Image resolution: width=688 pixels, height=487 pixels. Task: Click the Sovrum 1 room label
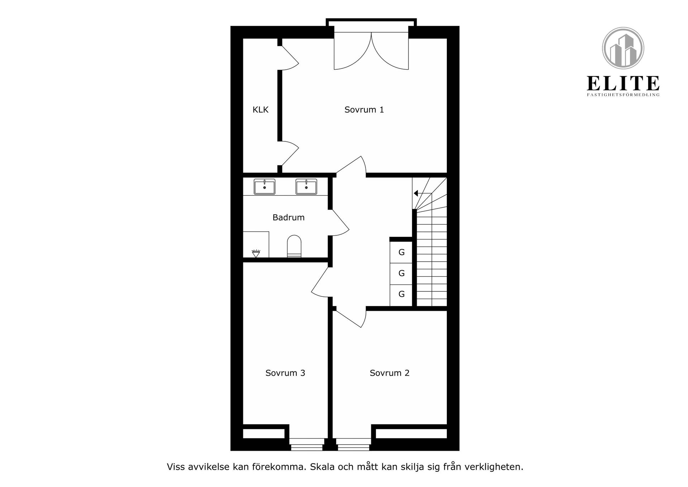pyautogui.click(x=364, y=110)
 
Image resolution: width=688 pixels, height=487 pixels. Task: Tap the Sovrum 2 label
pyautogui.click(x=390, y=373)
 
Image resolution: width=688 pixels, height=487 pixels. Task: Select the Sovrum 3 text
pyautogui.click(x=285, y=373)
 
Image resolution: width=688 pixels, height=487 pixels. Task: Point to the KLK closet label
pyautogui.click(x=261, y=110)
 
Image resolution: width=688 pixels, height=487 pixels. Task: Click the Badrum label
pyautogui.click(x=288, y=217)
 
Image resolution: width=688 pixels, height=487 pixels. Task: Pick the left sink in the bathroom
pyautogui.click(x=264, y=187)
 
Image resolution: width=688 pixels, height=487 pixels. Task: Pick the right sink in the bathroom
pyautogui.click(x=306, y=187)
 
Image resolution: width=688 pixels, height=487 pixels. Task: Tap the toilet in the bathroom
pyautogui.click(x=294, y=246)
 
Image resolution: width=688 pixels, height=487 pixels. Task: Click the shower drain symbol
pyautogui.click(x=255, y=253)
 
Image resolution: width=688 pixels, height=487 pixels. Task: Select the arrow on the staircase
pyautogui.click(x=416, y=193)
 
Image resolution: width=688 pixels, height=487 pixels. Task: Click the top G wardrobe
pyautogui.click(x=401, y=252)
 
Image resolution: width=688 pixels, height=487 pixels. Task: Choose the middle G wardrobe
pyautogui.click(x=401, y=273)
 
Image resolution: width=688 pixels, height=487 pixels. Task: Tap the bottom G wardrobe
pyautogui.click(x=401, y=294)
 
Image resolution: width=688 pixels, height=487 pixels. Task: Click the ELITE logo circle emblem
pyautogui.click(x=623, y=48)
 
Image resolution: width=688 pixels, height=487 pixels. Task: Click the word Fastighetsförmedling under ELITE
pyautogui.click(x=623, y=95)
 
